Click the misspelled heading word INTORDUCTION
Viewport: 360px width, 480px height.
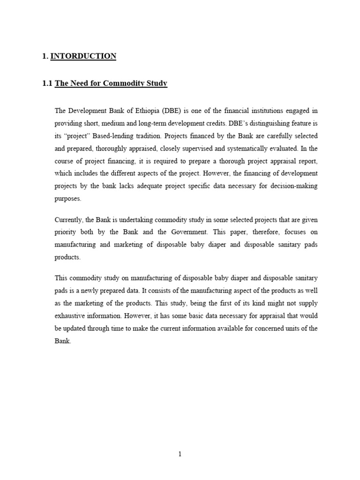[x=83, y=56]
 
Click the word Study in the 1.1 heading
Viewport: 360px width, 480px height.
[x=157, y=83]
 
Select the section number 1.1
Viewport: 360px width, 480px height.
[x=47, y=83]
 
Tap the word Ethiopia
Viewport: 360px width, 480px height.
[x=145, y=111]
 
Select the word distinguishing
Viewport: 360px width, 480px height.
[x=266, y=124]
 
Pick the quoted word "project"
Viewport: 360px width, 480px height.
[x=77, y=136]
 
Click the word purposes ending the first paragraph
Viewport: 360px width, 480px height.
[x=68, y=199]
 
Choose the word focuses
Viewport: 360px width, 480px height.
[x=294, y=232]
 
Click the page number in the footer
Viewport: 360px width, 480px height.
[x=180, y=454]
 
